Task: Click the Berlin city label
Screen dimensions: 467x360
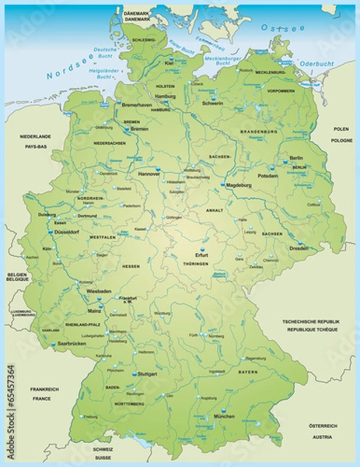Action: (x=296, y=158)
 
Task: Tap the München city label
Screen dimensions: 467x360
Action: (x=224, y=416)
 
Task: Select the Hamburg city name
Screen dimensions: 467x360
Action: (x=166, y=96)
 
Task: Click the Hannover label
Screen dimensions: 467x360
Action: (x=149, y=175)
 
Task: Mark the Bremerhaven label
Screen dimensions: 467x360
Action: (x=138, y=103)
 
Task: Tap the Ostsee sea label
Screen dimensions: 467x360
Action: (x=278, y=26)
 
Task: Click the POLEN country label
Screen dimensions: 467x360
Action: (x=341, y=128)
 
